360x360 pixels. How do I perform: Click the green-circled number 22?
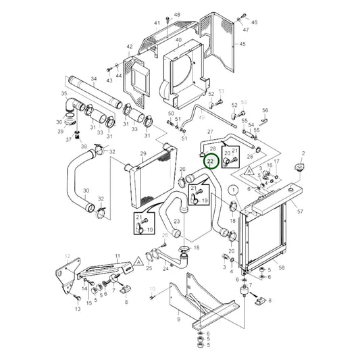210,162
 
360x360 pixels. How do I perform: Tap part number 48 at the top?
177,14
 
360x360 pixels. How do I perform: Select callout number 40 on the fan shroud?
178,41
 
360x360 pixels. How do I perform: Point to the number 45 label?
242,45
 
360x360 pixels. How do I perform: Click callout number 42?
128,47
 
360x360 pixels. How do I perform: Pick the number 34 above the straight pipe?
94,80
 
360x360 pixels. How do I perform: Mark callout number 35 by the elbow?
64,93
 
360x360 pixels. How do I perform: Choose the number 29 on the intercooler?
143,154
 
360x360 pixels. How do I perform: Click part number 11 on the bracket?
117,257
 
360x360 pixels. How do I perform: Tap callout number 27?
210,132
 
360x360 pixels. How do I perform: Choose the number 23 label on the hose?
176,221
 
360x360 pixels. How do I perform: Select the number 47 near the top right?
246,30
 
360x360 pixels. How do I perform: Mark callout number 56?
265,110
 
